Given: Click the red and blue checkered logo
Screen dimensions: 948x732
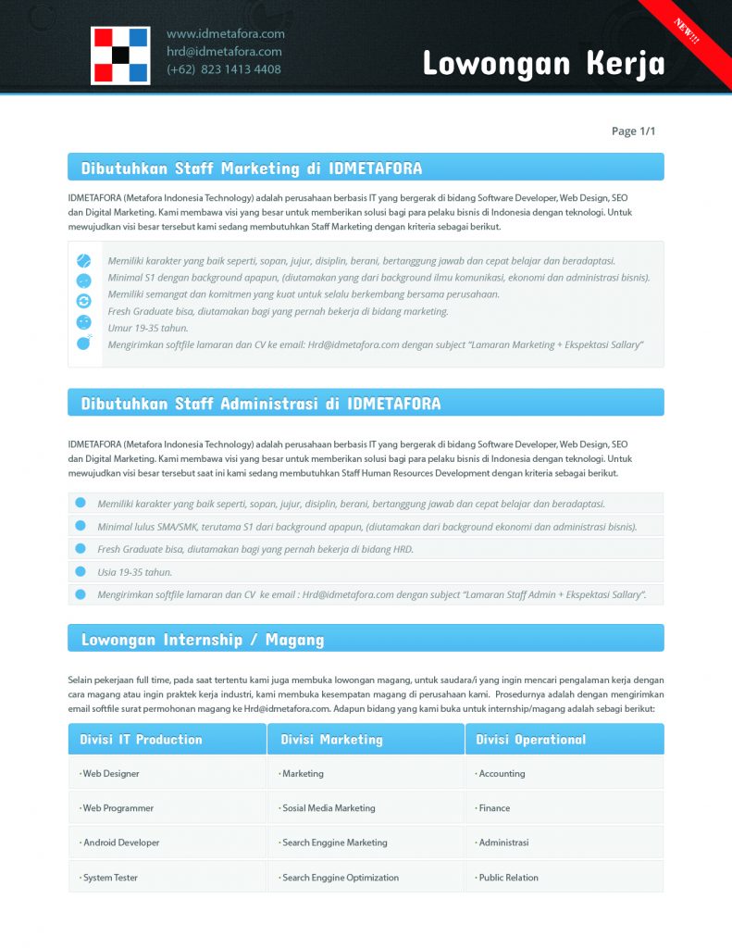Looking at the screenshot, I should [x=120, y=56].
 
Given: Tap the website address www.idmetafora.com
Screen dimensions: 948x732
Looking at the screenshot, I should [x=226, y=34].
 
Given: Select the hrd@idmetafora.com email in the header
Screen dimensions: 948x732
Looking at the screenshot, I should [x=224, y=52].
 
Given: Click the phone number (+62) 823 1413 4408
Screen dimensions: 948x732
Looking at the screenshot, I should [x=224, y=69].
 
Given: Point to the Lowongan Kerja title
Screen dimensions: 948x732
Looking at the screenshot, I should [x=543, y=63].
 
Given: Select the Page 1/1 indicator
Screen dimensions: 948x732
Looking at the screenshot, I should [x=633, y=131].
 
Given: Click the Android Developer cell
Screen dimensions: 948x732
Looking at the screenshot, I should [x=121, y=842].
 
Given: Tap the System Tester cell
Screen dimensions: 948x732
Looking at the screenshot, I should [x=111, y=878].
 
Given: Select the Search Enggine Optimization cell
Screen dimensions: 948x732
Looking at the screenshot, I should [x=341, y=878].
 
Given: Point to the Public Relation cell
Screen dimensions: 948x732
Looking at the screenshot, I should [x=508, y=878].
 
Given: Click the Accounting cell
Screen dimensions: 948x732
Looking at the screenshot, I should [x=502, y=773].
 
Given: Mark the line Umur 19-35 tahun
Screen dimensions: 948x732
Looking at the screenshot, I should [x=148, y=328].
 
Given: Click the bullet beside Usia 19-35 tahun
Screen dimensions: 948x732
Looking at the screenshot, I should [x=81, y=571].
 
